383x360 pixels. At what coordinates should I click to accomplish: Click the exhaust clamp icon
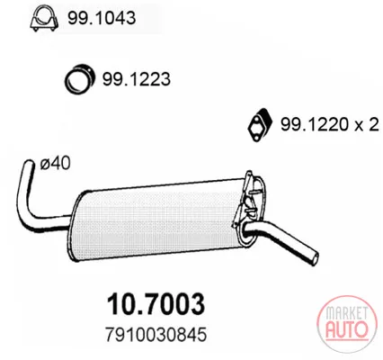pyautogui.click(x=44, y=18)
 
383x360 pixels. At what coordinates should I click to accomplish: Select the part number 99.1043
pyautogui.click(x=102, y=18)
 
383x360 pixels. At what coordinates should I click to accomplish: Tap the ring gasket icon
pyautogui.click(x=79, y=78)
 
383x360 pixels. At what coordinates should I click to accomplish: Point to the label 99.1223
pyautogui.click(x=137, y=79)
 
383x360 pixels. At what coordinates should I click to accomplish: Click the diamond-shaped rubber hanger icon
pyautogui.click(x=260, y=124)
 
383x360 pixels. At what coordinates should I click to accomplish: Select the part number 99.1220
pyautogui.click(x=315, y=124)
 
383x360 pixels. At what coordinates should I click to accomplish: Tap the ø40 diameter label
pyautogui.click(x=56, y=164)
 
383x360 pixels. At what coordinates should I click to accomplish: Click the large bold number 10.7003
pyautogui.click(x=156, y=303)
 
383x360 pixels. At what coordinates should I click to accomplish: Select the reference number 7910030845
pyautogui.click(x=156, y=334)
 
